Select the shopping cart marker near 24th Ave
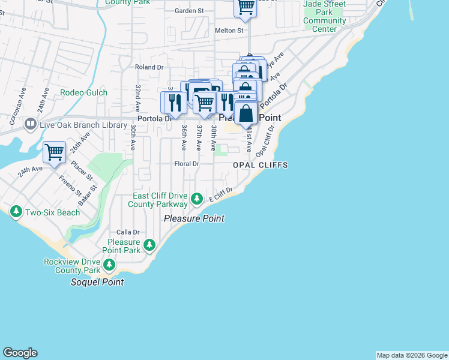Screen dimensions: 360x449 click(54, 151)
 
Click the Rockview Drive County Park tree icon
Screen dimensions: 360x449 click(109, 265)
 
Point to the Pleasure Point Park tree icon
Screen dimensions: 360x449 click(149, 245)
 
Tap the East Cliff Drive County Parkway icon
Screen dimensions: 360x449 click(196, 198)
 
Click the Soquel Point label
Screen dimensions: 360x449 click(97, 282)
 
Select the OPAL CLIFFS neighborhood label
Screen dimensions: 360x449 click(261, 165)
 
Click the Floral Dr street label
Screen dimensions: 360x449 click(186, 164)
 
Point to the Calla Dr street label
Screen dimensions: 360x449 click(128, 232)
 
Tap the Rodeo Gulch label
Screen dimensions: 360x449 click(83, 93)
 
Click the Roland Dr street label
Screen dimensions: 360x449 click(149, 67)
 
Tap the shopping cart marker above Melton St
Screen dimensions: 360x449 click(245, 7)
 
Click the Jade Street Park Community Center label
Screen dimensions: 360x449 click(325, 16)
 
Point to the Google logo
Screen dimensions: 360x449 click(20, 353)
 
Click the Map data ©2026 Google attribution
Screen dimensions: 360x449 click(412, 355)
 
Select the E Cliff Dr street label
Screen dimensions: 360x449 click(220, 194)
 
